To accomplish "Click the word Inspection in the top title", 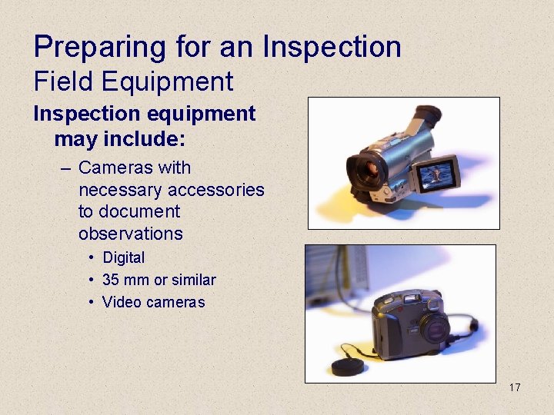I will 332,48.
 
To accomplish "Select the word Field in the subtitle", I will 58,81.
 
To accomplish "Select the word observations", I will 130,234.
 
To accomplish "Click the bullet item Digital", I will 123,258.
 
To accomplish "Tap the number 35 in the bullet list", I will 111,280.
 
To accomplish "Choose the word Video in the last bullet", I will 120,302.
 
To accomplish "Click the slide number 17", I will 514,387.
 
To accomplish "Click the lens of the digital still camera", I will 435,329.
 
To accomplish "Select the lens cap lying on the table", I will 348,366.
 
